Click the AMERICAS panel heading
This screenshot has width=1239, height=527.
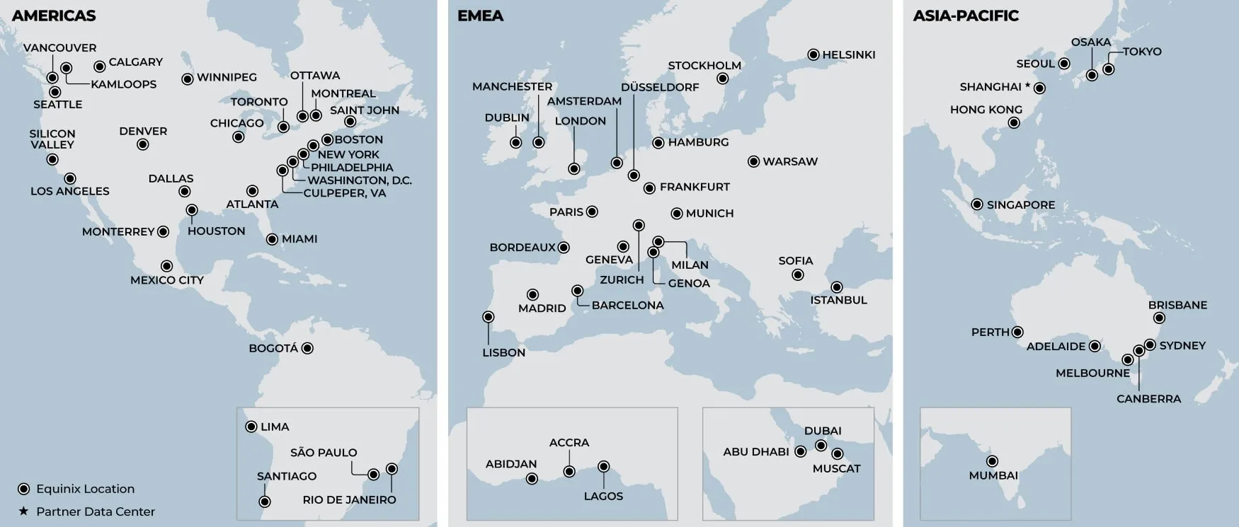pos(54,16)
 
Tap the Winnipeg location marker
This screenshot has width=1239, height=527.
pos(188,79)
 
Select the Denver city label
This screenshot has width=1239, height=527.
pos(143,131)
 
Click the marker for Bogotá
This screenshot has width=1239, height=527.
pos(307,348)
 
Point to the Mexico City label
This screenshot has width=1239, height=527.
pos(167,280)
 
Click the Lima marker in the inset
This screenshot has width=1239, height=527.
pos(251,427)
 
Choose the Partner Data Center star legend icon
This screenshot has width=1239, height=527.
pos(23,511)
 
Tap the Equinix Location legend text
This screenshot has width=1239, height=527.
pos(85,489)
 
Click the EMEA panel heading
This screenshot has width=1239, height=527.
pos(480,16)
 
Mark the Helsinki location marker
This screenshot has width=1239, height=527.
pos(813,54)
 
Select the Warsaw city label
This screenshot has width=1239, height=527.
pos(790,161)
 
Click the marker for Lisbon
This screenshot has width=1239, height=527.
pos(489,317)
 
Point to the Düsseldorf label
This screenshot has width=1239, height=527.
pos(660,87)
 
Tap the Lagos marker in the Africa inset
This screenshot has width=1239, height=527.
pos(604,466)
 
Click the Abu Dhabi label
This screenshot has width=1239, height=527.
pos(755,451)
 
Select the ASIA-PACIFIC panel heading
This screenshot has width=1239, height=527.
pos(966,16)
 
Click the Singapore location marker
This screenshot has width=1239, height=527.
pos(977,204)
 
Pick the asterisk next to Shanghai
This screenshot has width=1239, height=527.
pos(1027,86)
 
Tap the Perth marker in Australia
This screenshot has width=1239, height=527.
pos(1017,332)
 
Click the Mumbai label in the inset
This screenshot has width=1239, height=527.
pos(993,475)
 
